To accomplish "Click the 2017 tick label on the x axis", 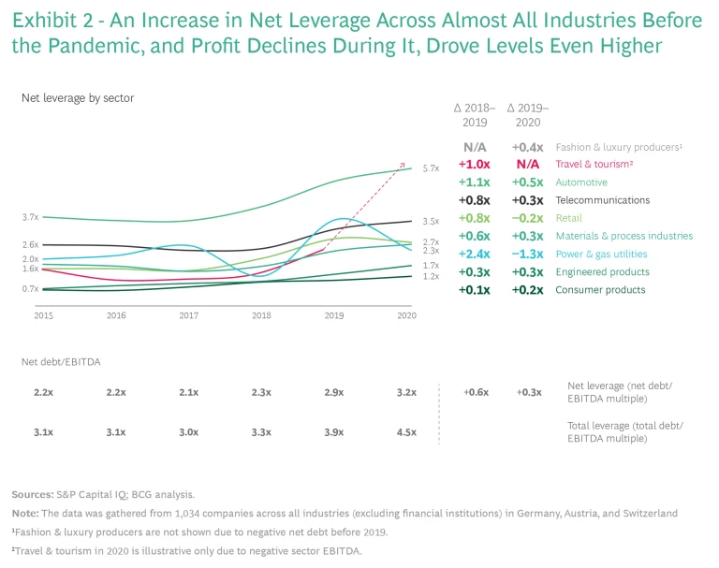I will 188,316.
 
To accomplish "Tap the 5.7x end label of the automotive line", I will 431,168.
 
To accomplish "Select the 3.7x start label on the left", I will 30,217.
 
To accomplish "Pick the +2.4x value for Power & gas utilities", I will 476,254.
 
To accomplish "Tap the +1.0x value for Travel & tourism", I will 476,165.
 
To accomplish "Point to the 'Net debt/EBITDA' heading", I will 61,361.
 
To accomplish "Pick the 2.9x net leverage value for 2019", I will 333,392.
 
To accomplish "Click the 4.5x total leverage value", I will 406,432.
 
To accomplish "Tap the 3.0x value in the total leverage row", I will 188,432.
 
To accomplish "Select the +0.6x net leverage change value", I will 476,392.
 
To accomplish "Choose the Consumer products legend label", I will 600,290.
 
